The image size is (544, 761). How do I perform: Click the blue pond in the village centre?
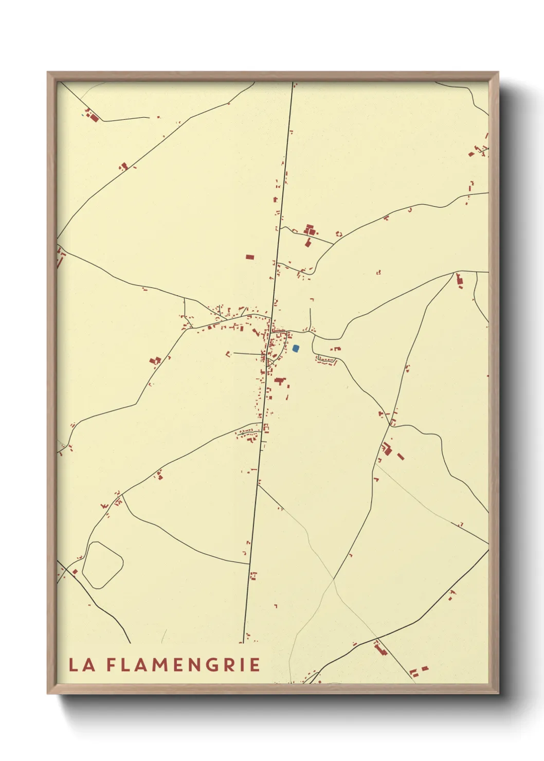pyautogui.click(x=296, y=348)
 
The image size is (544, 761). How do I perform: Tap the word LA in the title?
pyautogui.click(x=82, y=665)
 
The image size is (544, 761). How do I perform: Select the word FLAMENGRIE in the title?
pyautogui.click(x=184, y=665)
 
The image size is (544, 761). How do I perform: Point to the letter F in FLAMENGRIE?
pyautogui.click(x=112, y=665)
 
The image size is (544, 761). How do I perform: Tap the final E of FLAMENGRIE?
pyautogui.click(x=255, y=665)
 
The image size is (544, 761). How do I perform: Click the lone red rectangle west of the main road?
pyautogui.click(x=250, y=257)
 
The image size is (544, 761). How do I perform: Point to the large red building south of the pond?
pyautogui.click(x=280, y=381)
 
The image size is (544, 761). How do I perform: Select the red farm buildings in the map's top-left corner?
pyautogui.click(x=92, y=116)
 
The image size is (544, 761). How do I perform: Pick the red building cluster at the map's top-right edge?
pyautogui.click(x=479, y=151)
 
